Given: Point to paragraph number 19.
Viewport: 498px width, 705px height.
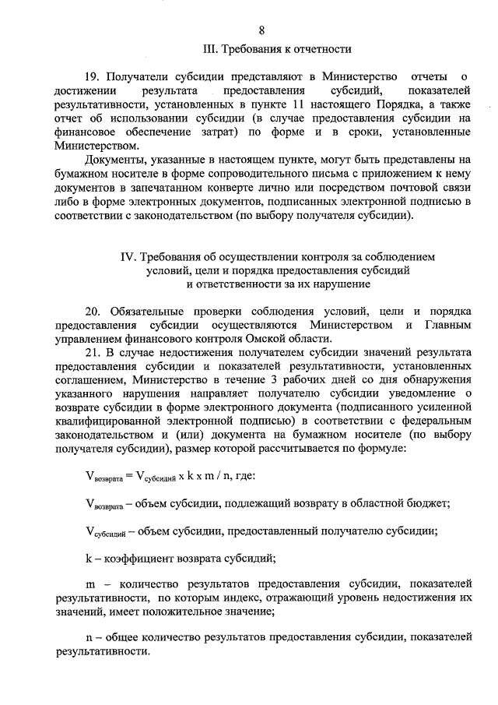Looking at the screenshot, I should (x=93, y=76).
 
